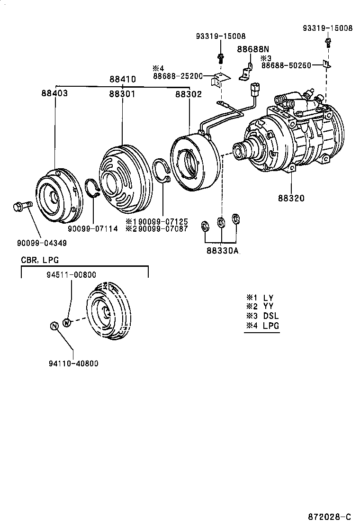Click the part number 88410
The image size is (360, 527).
pos(123,80)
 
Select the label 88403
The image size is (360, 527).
pos(54,93)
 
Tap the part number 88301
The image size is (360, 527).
pos(123,94)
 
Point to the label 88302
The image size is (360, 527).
pos(189,94)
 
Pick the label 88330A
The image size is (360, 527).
pos(222,251)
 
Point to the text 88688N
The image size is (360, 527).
pos(253,49)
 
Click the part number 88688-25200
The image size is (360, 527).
pos(178,76)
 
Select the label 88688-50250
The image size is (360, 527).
pos(285,65)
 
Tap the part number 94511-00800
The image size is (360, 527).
pos(72,274)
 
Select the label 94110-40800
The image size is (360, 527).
pos(73,363)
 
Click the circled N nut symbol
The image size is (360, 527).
pos(54,326)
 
